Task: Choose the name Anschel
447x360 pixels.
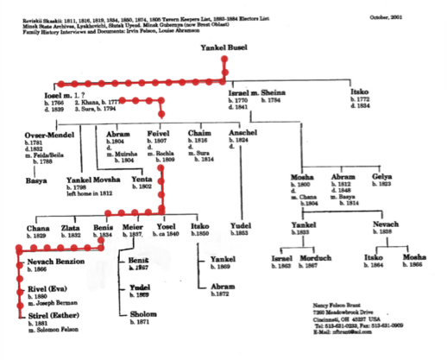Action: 242,134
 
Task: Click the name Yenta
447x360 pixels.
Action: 142,180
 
